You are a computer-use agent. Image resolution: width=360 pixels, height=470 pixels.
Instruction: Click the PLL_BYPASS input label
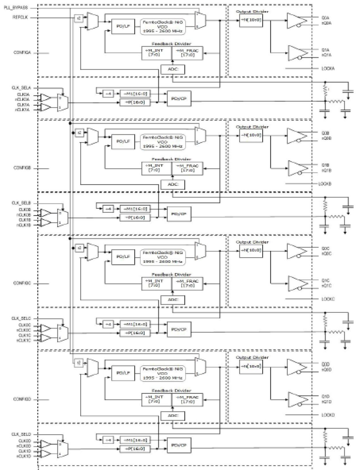[x=16, y=8]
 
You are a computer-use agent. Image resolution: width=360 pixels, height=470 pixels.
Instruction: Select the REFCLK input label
[x=20, y=17]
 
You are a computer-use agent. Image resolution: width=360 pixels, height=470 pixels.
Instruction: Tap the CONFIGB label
[x=22, y=168]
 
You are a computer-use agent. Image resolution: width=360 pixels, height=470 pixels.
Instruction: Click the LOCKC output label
[x=328, y=299]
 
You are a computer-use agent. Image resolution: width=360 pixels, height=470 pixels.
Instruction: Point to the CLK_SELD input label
[x=21, y=434]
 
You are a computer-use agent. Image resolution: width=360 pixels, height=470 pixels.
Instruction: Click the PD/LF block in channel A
[x=123, y=26]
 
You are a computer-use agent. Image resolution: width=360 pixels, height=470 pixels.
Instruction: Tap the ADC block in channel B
[x=173, y=184]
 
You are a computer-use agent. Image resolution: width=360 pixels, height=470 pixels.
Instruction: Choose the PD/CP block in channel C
[x=179, y=330]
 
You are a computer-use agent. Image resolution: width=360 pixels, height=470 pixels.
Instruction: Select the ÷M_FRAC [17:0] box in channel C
[x=187, y=283]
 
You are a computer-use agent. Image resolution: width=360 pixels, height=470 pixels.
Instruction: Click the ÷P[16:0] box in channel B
[x=135, y=218]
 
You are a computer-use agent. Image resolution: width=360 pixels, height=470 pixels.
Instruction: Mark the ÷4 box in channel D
[x=108, y=440]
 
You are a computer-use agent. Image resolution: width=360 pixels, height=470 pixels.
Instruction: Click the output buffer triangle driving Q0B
[x=296, y=135]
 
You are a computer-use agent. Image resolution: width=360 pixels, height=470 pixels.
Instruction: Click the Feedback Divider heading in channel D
[x=171, y=391]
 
